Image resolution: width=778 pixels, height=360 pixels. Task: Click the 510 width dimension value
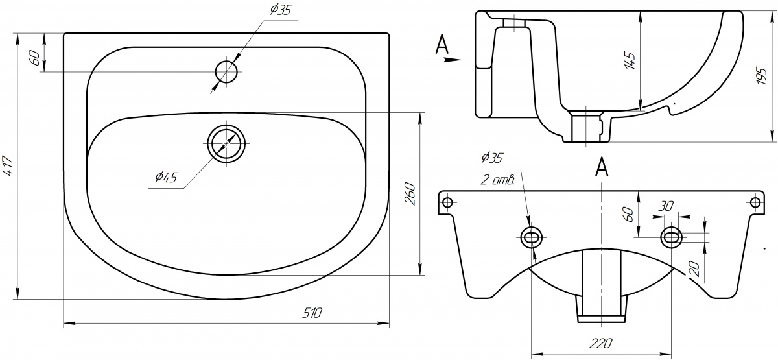[x=312, y=313]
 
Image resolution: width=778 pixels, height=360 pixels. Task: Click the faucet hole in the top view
[x=227, y=71]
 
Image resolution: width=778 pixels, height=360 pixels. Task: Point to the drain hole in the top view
[x=226, y=143]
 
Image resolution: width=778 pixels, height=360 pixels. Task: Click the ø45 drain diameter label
[x=166, y=176]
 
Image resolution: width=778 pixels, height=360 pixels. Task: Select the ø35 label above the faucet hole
[x=280, y=10]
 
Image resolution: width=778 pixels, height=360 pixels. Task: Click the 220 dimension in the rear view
[x=602, y=342]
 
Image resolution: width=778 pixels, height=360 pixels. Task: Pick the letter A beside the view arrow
[x=442, y=43]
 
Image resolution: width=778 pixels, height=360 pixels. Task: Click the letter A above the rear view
[x=602, y=167]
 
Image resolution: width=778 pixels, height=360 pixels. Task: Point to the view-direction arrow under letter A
[x=444, y=59]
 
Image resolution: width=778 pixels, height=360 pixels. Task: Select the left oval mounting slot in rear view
[x=531, y=237]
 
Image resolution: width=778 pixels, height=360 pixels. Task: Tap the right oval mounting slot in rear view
[x=671, y=237]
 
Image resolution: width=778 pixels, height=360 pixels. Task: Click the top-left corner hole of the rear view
[x=447, y=202]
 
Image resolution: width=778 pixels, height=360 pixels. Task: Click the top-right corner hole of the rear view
[x=755, y=202]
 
